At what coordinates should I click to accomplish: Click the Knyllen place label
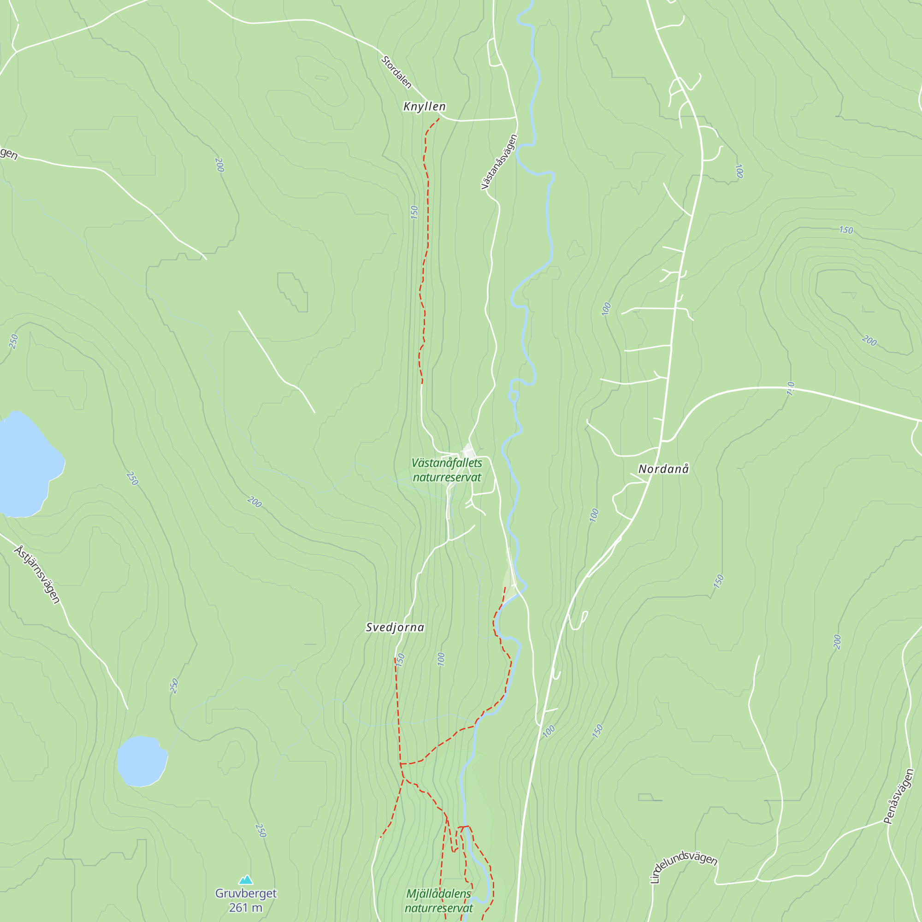tap(424, 106)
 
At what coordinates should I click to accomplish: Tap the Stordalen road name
tap(396, 72)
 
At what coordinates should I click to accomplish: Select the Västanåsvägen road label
tap(499, 162)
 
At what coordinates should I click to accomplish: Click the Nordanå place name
tap(663, 469)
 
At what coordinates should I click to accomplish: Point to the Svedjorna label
tap(395, 627)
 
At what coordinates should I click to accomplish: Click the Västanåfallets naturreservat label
tap(447, 470)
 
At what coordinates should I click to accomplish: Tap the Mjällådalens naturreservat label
tap(438, 900)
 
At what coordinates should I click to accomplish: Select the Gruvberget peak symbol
tap(246, 880)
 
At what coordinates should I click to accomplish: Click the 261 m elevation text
tap(245, 908)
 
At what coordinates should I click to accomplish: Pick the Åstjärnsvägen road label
tap(37, 575)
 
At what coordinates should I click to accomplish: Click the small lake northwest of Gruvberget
tap(142, 761)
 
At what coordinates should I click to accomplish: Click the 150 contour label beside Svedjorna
tap(400, 660)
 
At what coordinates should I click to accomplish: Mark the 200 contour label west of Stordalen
tap(219, 165)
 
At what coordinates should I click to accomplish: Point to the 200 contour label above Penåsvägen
tap(837, 642)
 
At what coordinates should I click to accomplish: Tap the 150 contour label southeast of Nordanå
tap(718, 581)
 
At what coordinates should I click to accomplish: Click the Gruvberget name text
tap(246, 893)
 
